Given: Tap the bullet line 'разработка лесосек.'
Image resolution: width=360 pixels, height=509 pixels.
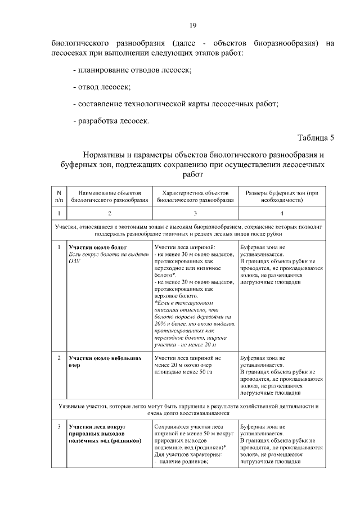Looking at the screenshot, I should point(111,120).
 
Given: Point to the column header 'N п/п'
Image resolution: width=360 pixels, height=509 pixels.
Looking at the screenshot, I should point(59,196).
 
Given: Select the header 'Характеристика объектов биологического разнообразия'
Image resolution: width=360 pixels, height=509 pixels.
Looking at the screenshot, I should point(195,196).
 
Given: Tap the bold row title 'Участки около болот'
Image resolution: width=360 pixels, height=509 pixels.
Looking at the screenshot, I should point(97,247).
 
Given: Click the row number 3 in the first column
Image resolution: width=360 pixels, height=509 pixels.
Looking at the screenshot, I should point(59,427).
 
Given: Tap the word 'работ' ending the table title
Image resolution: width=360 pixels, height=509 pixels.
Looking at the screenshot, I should point(192,175).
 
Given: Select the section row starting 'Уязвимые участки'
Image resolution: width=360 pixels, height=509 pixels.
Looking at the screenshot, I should point(192,409).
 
